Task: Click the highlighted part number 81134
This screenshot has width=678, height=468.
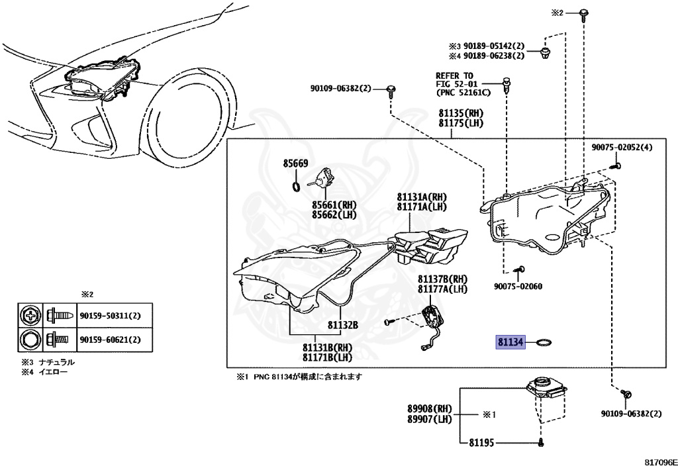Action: pos(510,342)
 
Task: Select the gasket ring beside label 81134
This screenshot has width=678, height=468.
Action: pos(544,342)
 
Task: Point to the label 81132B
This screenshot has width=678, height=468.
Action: pos(342,324)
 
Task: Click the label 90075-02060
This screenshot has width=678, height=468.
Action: pos(518,287)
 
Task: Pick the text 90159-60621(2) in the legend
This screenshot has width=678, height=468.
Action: pos(115,340)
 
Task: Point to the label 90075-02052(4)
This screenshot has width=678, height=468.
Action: pos(622,147)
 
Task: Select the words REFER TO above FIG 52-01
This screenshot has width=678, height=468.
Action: pos(454,75)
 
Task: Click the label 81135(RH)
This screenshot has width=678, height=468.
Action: pos(461,113)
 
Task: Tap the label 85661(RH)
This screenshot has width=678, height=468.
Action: pos(335,204)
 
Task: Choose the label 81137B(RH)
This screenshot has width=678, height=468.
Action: pos(442,279)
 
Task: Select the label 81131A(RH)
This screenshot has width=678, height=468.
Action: pos(422,197)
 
